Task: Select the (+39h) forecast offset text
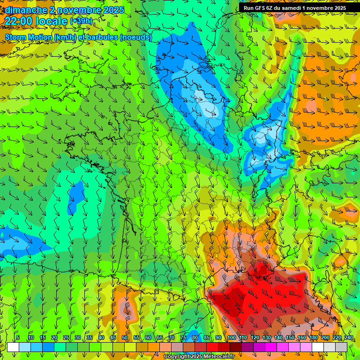coord(81,21)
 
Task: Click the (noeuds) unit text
coord(136,37)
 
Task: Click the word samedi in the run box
coord(298,7)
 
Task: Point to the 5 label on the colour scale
coord(17,338)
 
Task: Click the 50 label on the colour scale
coord(125,338)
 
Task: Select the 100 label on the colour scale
coord(232,338)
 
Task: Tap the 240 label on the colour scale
coord(348,338)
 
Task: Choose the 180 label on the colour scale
coord(313,338)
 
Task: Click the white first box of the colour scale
coord(13,347)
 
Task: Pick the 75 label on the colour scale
coord(183,338)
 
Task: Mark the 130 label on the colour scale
coord(266,338)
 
